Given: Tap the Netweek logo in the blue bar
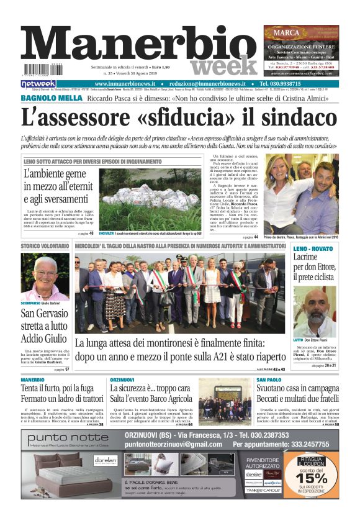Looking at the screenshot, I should tap(38, 84).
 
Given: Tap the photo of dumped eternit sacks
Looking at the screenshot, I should tap(150, 198).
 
